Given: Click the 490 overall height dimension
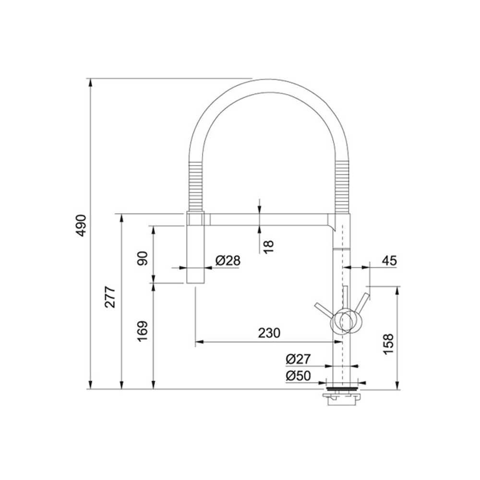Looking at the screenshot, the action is [81, 226].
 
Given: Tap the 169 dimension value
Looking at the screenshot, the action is [143, 331].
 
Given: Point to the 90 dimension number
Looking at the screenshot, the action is [143, 258].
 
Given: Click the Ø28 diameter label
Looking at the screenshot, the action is [228, 261].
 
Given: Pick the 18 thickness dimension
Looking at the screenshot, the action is [268, 247].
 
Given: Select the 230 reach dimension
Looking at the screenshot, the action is [269, 333].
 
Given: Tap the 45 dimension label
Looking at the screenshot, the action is [389, 261].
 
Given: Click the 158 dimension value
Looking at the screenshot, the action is [388, 344].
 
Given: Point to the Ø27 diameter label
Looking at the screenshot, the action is [298, 359].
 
